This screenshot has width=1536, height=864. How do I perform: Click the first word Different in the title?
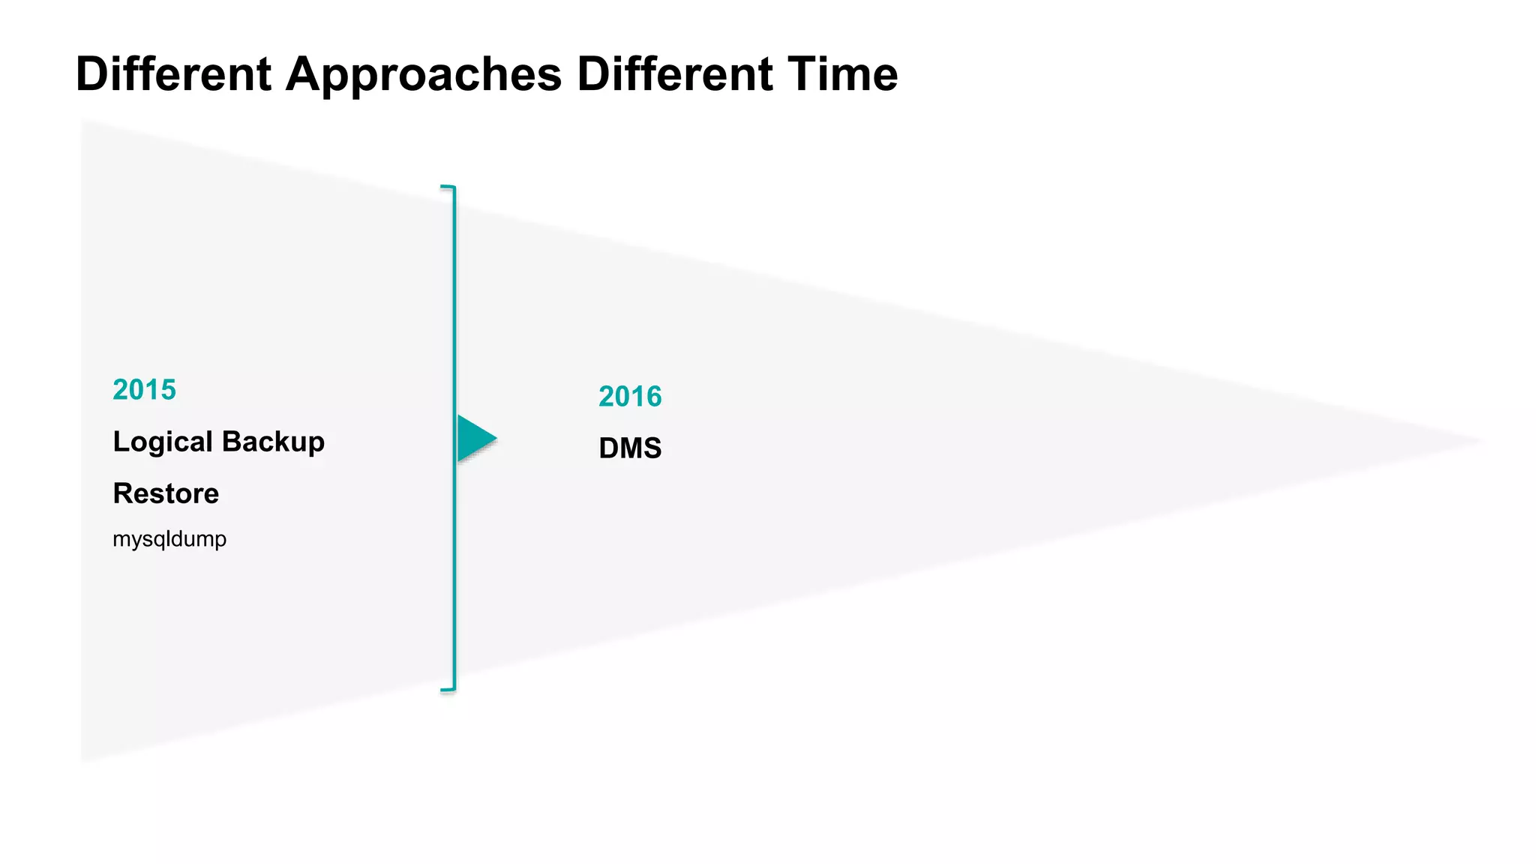coord(173,74)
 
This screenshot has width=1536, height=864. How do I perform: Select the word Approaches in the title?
coord(424,74)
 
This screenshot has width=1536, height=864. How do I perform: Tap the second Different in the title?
coord(674,74)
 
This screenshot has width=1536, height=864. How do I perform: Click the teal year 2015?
coord(144,390)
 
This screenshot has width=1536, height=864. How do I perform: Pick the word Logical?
coord(163,442)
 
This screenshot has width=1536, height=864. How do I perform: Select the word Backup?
coord(273,442)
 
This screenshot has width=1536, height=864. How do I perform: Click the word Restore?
coord(166,493)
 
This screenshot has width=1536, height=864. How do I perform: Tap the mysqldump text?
coord(169,539)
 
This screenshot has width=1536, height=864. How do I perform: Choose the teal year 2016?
coord(630,397)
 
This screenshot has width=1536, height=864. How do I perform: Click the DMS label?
coord(630,448)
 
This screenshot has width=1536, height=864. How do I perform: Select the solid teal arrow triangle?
coord(474,439)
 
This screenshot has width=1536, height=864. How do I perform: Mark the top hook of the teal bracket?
coord(448,187)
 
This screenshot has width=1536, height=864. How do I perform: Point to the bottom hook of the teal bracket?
coord(448,688)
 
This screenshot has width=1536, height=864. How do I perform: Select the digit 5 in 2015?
coord(169,390)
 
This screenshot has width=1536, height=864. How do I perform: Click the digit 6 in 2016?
coord(654,397)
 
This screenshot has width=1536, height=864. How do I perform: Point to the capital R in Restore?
coord(122,493)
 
